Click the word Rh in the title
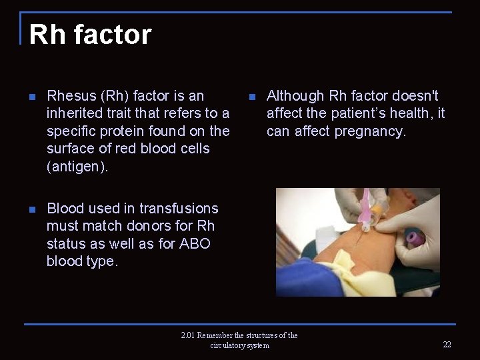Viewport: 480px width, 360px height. (x=45, y=35)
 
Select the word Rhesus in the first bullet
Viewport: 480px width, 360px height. (x=71, y=96)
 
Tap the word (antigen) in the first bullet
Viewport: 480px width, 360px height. (x=77, y=167)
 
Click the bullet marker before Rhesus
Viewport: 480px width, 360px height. (x=33, y=97)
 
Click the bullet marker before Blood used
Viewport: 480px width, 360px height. (x=33, y=209)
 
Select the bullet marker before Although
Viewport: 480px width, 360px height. (x=252, y=97)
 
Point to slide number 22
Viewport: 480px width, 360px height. (x=447, y=345)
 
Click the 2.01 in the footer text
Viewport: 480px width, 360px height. (x=188, y=335)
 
